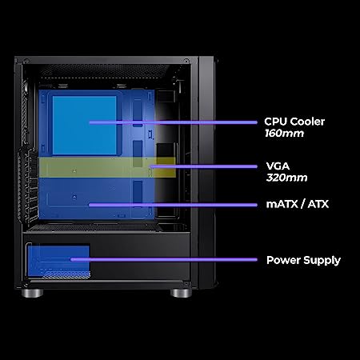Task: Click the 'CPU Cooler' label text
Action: tap(294, 122)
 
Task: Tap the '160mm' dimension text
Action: tap(284, 134)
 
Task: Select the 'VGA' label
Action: tap(278, 166)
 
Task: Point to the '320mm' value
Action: tap(286, 178)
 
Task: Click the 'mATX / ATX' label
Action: tap(298, 204)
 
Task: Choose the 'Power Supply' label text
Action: tap(303, 260)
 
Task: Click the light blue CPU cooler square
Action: tap(84, 126)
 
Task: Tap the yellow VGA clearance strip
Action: tap(107, 167)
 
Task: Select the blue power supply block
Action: tap(58, 261)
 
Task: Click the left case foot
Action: tap(32, 293)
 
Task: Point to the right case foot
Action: tap(181, 293)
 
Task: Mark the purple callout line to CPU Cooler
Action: tap(174, 122)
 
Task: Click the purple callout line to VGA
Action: tap(204, 166)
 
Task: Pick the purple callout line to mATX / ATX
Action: tap(173, 205)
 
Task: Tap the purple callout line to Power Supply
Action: tap(164, 259)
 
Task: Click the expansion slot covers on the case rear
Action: tap(29, 186)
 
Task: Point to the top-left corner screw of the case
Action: tap(26, 62)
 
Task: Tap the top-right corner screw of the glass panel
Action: tap(186, 62)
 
